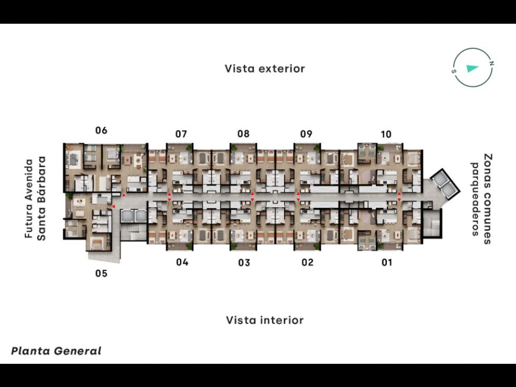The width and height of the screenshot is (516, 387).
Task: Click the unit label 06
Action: coord(101,130)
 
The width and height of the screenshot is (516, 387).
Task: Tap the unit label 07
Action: coord(181,134)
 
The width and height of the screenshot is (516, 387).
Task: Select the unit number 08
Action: coord(244,133)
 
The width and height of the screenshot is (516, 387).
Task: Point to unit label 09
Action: coord(306,134)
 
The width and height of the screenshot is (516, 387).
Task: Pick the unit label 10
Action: coord(386,134)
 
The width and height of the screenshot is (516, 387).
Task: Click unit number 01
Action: coord(387,263)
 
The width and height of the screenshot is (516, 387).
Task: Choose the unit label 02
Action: coord(307,262)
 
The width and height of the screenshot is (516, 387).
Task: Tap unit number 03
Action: coord(244,263)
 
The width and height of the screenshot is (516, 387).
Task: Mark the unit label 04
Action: coord(182,262)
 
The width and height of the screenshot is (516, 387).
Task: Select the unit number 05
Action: coord(101,274)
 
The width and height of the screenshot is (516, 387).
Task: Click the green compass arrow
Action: coord(472,68)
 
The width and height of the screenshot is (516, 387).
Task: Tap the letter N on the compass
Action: coord(491,63)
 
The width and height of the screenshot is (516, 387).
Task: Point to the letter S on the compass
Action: coord(453,71)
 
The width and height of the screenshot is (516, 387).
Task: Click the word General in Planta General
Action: coord(77,351)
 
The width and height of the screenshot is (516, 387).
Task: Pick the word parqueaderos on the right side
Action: coord(475,199)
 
